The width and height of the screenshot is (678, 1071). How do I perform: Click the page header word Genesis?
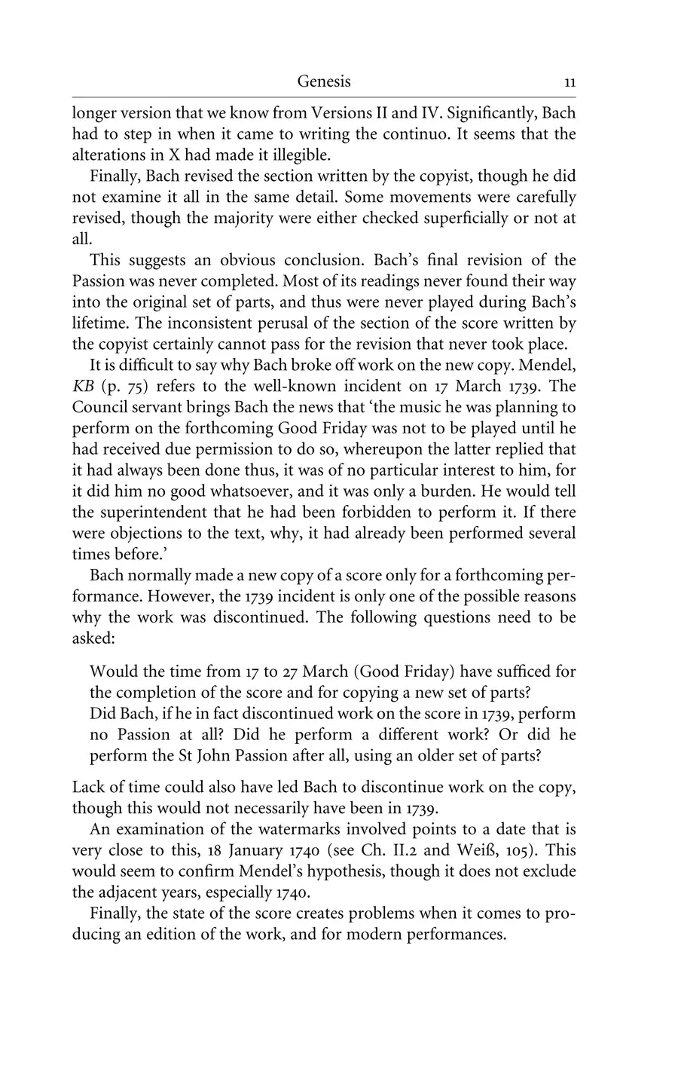(324, 81)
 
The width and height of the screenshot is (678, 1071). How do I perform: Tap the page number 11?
(570, 82)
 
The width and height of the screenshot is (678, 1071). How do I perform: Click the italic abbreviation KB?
(83, 387)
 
